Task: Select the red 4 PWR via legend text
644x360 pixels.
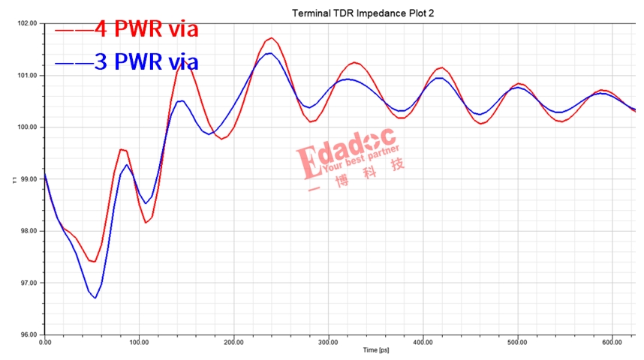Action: pos(147,30)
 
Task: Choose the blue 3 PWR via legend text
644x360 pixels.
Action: pos(147,61)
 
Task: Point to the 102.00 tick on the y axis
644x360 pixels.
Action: pos(28,23)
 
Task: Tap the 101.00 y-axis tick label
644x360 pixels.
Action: pos(28,75)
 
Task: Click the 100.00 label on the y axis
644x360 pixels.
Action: pos(28,127)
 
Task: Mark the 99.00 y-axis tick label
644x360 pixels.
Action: pos(28,179)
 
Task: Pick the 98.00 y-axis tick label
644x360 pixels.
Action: pos(28,231)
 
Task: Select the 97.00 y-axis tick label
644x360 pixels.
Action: pos(28,283)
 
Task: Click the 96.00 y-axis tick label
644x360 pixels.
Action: pos(28,334)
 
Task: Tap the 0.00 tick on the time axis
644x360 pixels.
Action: pos(44,343)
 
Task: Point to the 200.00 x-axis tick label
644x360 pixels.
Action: pos(233,343)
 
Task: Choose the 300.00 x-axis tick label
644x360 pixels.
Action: pos(328,343)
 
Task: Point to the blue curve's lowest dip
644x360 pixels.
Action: pos(95,298)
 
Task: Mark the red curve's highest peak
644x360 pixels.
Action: pos(271,37)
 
